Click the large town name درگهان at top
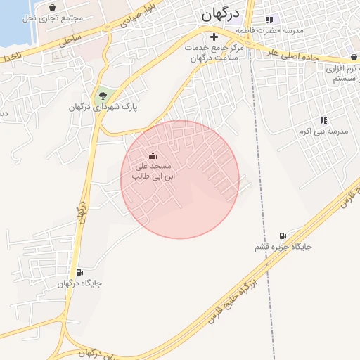(x=220, y=14)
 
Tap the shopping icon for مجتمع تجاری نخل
(x=53, y=7)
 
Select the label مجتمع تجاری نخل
(x=53, y=18)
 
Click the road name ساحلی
(x=70, y=39)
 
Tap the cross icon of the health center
(x=214, y=36)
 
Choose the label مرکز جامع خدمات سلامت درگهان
(x=212, y=52)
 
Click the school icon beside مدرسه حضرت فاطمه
(x=268, y=20)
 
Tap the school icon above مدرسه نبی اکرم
(x=323, y=120)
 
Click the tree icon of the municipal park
(x=103, y=94)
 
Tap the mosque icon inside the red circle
(x=153, y=155)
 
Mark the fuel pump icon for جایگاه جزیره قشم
(x=283, y=236)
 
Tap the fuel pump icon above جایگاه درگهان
(x=79, y=272)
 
